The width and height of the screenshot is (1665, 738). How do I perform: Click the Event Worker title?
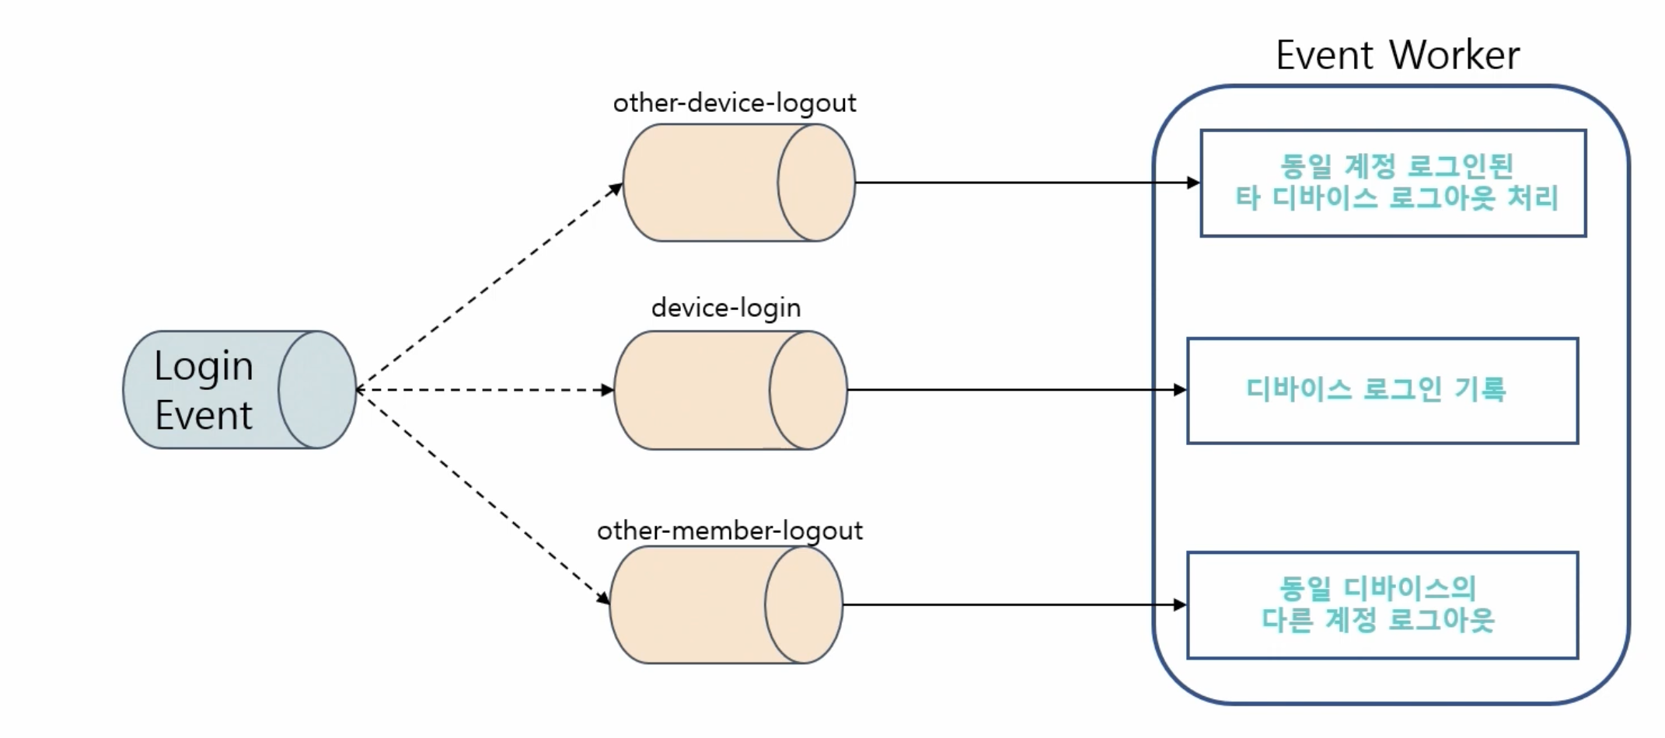pyautogui.click(x=1397, y=55)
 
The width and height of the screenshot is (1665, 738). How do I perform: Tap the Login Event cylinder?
pyautogui.click(x=239, y=390)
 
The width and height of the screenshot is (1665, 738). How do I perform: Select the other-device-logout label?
pyautogui.click(x=734, y=103)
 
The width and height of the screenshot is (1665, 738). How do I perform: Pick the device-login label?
pyautogui.click(x=726, y=308)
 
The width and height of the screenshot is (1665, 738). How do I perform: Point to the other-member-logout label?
pyautogui.click(x=729, y=531)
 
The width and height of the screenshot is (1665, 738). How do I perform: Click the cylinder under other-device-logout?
pyautogui.click(x=738, y=183)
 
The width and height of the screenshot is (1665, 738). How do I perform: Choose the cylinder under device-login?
pyautogui.click(x=730, y=390)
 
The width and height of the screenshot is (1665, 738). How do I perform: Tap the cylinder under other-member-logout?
pyautogui.click(x=725, y=605)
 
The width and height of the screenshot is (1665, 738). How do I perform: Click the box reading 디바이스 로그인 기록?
pyautogui.click(x=1382, y=391)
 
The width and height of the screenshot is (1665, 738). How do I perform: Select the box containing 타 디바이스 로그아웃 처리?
pyautogui.click(x=1393, y=183)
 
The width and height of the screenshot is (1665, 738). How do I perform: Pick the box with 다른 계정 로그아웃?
pyautogui.click(x=1382, y=605)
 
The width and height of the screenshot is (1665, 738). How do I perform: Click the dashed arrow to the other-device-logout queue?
pyautogui.click(x=490, y=286)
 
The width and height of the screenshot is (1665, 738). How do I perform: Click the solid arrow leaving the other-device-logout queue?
pyautogui.click(x=1026, y=183)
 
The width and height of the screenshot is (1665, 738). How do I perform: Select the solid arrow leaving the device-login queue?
pyautogui.click(x=1017, y=390)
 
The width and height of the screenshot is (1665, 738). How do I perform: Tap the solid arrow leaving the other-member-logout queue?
pyautogui.click(x=1014, y=605)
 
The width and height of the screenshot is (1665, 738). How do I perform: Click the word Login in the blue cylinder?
pyautogui.click(x=204, y=366)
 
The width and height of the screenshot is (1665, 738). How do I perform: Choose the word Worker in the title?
pyautogui.click(x=1454, y=55)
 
